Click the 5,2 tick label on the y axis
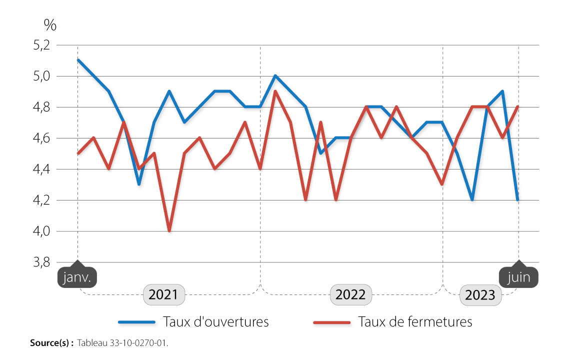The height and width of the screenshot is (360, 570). click(x=41, y=45)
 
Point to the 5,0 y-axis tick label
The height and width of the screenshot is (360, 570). click(x=41, y=76)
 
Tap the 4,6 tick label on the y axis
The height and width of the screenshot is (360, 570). click(x=41, y=138)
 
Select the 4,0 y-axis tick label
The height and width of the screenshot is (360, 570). click(x=41, y=231)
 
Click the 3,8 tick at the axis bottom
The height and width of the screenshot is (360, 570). click(x=41, y=262)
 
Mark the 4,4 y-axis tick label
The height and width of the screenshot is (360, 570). click(x=41, y=169)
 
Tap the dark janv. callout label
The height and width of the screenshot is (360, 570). click(x=77, y=277)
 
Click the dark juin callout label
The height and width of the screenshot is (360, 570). click(x=518, y=277)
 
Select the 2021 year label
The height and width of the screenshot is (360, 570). click(x=163, y=294)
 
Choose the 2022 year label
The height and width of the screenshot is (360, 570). click(x=350, y=294)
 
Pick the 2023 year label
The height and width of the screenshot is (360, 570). click(x=480, y=295)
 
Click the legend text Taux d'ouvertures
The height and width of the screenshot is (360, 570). click(x=215, y=321)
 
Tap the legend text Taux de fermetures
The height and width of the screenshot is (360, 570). click(x=414, y=321)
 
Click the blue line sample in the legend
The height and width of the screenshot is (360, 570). click(x=136, y=322)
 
